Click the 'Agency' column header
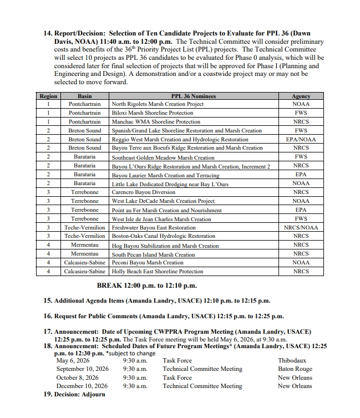click(x=301, y=96)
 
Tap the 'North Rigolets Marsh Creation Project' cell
click(x=158, y=104)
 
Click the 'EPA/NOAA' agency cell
click(x=301, y=139)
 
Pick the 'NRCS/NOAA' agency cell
click(x=301, y=227)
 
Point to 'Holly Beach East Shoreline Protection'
click(x=158, y=272)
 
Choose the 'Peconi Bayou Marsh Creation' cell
click(x=148, y=263)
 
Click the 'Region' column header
click(x=49, y=96)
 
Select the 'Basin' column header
click(x=85, y=96)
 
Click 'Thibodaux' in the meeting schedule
click(x=291, y=360)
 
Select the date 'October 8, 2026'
click(x=78, y=378)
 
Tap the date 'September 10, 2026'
click(x=82, y=369)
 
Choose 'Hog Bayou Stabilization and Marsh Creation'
click(x=165, y=245)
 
